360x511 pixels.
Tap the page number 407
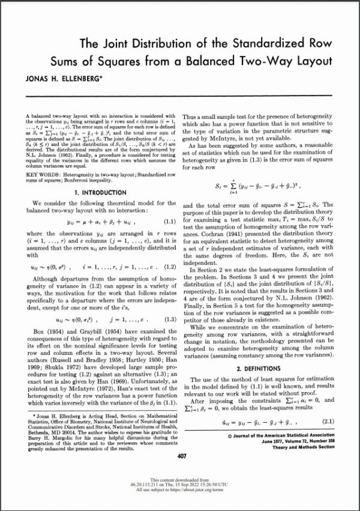(182, 456)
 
